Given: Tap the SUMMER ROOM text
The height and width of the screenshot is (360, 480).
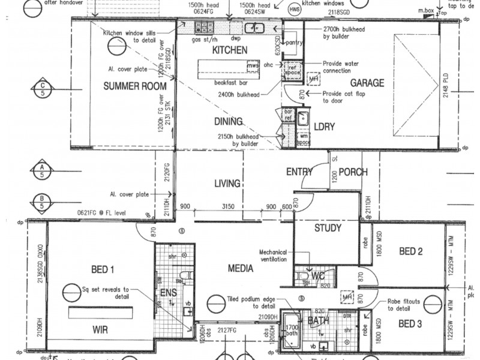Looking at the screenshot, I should tap(134, 86).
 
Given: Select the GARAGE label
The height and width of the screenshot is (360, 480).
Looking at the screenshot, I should tap(367, 83).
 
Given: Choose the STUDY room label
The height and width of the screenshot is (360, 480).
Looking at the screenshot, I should tap(328, 228).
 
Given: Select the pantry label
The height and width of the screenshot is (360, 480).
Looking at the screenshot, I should tap(294, 43).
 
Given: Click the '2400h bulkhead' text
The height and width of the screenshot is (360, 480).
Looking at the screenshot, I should tap(251, 94).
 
